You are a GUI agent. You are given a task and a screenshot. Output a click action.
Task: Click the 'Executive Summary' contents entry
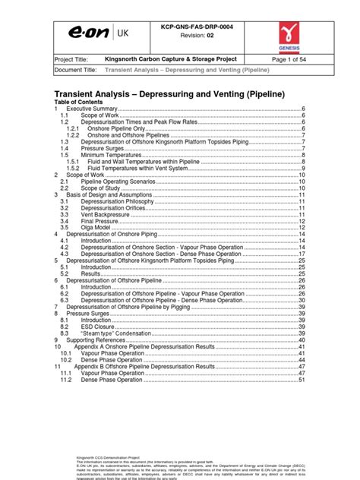tap(90, 109)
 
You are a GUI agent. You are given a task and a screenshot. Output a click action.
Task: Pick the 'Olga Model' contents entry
tap(96, 227)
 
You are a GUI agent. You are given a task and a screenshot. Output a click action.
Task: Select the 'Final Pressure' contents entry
tap(100, 220)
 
